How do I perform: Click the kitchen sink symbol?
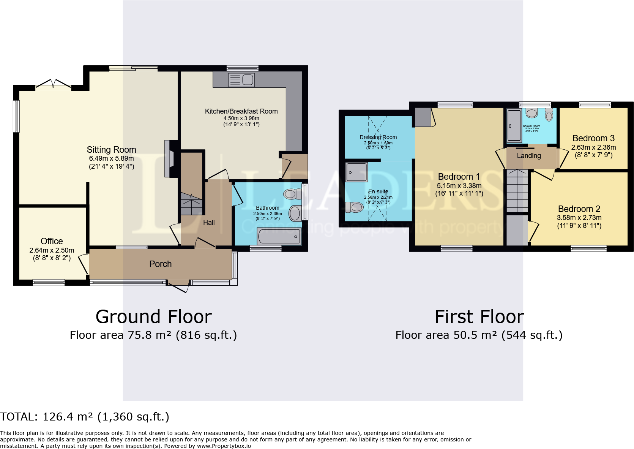click(x=241, y=80)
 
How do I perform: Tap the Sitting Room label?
click(x=111, y=150)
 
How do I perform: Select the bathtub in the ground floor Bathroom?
click(x=279, y=237)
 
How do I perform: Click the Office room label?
click(x=52, y=241)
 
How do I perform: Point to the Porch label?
click(x=160, y=264)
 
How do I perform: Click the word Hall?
click(x=209, y=223)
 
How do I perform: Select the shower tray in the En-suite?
click(x=356, y=172)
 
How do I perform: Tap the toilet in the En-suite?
click(x=354, y=207)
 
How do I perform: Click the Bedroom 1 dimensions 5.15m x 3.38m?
click(x=459, y=186)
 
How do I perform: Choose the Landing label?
click(x=528, y=156)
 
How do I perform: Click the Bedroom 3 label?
click(x=593, y=138)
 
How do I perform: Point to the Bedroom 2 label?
click(x=579, y=209)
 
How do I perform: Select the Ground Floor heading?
click(x=153, y=317)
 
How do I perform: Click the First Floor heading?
click(x=479, y=317)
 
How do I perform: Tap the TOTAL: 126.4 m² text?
click(x=84, y=417)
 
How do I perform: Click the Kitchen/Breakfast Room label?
click(x=241, y=111)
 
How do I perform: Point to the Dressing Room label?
click(x=378, y=137)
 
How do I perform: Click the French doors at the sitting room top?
click(x=53, y=84)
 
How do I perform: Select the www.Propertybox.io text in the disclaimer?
click(x=224, y=446)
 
